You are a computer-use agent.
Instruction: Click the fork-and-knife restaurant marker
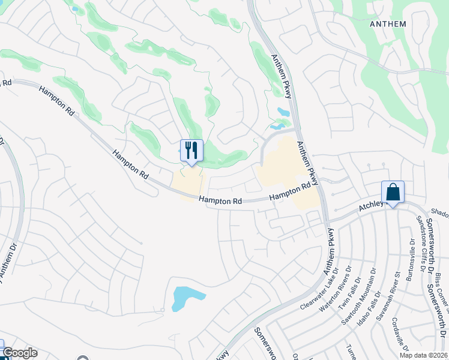click(x=191, y=150)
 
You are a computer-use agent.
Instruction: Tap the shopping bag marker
click(x=393, y=192)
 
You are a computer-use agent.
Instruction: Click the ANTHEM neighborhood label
click(x=388, y=24)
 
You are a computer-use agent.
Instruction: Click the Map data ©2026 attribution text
click(x=424, y=355)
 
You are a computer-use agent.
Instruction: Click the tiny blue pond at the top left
click(x=74, y=9)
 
